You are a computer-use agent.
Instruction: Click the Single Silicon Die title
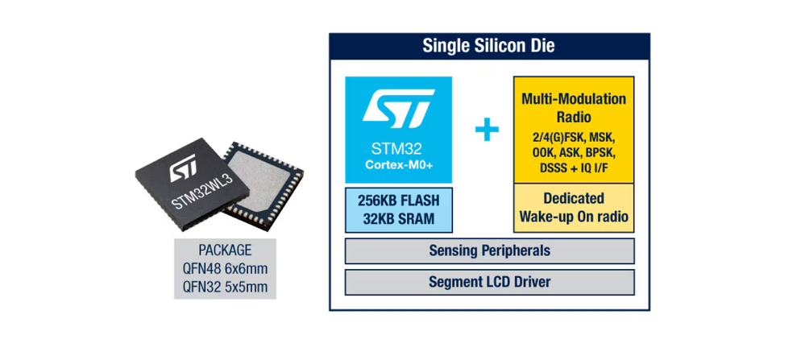[x=488, y=45]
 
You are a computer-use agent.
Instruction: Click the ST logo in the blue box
[x=399, y=110]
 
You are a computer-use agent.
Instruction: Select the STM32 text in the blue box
[x=399, y=149]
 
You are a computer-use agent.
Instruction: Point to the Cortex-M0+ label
[x=399, y=166]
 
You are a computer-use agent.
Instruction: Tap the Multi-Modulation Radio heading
[x=573, y=107]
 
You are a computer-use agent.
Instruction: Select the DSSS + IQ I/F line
[x=573, y=167]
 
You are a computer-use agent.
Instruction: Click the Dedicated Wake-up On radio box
[x=573, y=207]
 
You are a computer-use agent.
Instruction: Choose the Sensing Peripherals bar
[x=488, y=250]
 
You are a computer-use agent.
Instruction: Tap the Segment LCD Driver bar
[x=488, y=283]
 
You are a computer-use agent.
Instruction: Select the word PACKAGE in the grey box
[x=225, y=250]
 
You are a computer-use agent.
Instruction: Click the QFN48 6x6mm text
[x=225, y=268]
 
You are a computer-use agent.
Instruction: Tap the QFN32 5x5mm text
[x=225, y=286]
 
